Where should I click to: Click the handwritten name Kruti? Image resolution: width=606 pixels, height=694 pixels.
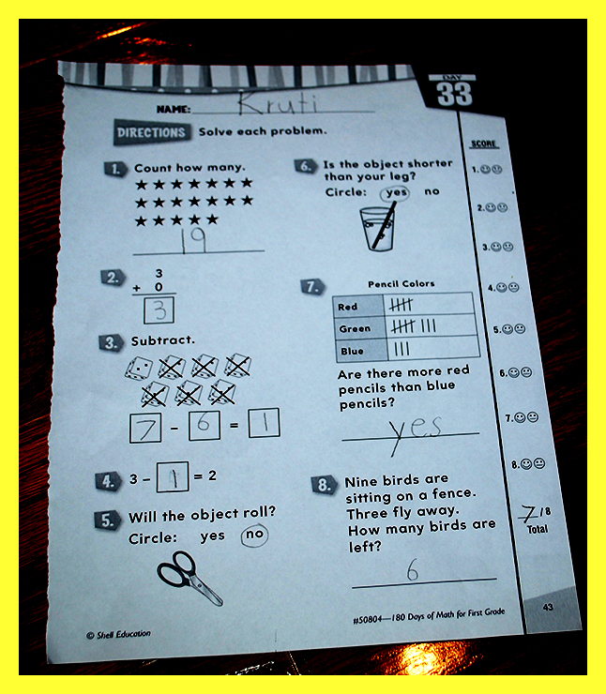pyautogui.click(x=278, y=102)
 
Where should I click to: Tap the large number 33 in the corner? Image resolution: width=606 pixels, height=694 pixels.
pyautogui.click(x=454, y=94)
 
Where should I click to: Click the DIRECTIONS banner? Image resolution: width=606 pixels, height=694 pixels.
pyautogui.click(x=152, y=132)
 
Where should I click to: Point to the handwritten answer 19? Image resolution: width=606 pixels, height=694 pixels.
pyautogui.click(x=193, y=240)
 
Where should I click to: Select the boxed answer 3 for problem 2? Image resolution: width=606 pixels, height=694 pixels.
pyautogui.click(x=159, y=310)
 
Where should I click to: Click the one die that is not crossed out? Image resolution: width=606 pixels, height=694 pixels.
pyautogui.click(x=139, y=369)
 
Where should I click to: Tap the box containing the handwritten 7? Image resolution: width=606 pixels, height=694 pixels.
pyautogui.click(x=145, y=428)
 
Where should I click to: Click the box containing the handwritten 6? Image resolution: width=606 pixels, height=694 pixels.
pyautogui.click(x=205, y=425)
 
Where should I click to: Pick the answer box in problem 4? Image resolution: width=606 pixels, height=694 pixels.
pyautogui.click(x=173, y=477)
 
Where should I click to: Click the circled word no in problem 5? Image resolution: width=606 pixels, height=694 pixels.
pyautogui.click(x=254, y=535)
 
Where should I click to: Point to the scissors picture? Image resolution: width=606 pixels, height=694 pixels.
pyautogui.click(x=189, y=578)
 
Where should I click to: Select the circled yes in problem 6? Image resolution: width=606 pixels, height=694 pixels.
pyautogui.click(x=395, y=193)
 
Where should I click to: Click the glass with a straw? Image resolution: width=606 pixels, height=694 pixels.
pyautogui.click(x=378, y=228)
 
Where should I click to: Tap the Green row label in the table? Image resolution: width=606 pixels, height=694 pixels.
pyautogui.click(x=355, y=329)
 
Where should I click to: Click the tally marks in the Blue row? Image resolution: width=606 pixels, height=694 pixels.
pyautogui.click(x=401, y=349)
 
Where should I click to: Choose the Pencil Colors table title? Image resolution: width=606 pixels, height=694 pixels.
pyautogui.click(x=401, y=284)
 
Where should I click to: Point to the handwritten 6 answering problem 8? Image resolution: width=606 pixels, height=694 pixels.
pyautogui.click(x=413, y=569)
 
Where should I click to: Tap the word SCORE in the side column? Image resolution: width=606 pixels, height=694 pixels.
pyautogui.click(x=484, y=143)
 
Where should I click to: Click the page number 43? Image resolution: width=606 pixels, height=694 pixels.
pyautogui.click(x=548, y=607)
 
